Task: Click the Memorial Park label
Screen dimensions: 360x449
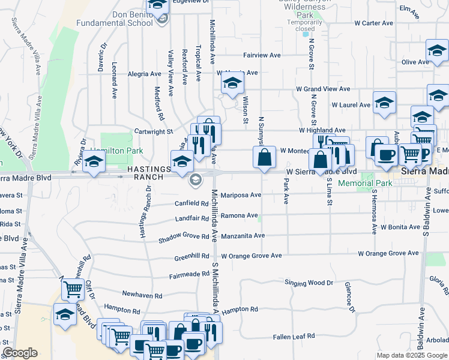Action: click(x=364, y=183)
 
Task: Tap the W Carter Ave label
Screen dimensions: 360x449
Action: click(x=373, y=23)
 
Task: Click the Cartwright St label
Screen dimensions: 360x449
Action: click(x=154, y=131)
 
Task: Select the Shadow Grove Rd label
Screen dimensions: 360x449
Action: click(x=183, y=238)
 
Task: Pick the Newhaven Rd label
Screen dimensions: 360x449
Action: click(x=142, y=296)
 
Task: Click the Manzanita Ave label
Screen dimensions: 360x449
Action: click(x=243, y=236)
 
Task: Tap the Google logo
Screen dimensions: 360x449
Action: click(x=20, y=353)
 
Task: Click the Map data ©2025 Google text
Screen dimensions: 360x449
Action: click(x=412, y=355)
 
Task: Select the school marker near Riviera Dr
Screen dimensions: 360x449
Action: click(x=94, y=161)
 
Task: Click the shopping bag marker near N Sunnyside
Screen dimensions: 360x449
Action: click(x=265, y=158)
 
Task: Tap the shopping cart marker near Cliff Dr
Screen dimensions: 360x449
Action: click(x=73, y=289)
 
